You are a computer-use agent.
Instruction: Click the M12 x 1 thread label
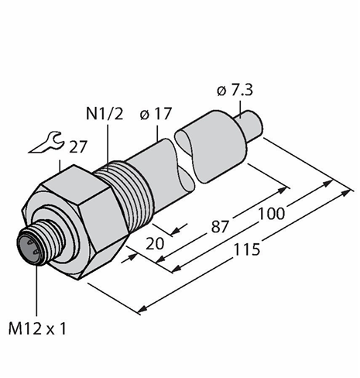tap(37, 328)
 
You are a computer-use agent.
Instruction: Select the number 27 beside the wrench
tap(77, 147)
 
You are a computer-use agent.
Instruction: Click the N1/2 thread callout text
tap(105, 114)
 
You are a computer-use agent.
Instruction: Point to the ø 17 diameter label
tap(156, 114)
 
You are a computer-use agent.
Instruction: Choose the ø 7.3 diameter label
tap(235, 91)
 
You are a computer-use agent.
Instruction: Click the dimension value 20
tap(155, 243)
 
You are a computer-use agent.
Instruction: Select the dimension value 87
tap(220, 226)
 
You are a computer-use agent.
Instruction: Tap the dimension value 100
tap(272, 214)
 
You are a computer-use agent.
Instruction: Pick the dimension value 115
tap(246, 249)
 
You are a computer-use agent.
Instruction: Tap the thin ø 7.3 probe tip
tap(250, 125)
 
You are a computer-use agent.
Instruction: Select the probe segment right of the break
tap(211, 146)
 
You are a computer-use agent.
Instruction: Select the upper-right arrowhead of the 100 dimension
tap(327, 183)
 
